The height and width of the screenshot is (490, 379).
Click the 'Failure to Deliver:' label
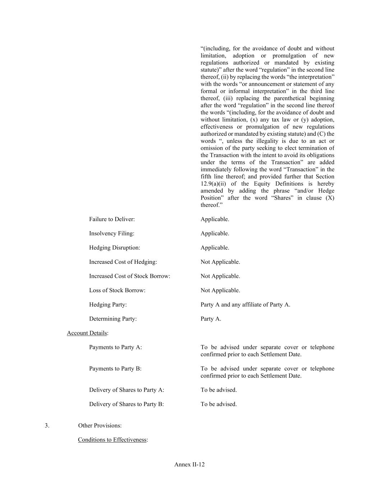tap(112, 219)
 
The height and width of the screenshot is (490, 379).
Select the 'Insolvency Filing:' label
tap(111, 234)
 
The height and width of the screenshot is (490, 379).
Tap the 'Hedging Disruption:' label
tap(115, 248)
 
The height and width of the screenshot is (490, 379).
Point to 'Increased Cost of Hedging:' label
tap(123, 262)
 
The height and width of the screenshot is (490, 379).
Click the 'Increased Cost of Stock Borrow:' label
tap(129, 276)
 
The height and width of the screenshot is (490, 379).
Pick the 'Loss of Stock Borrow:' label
tap(117, 290)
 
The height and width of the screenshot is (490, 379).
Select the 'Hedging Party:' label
tap(108, 305)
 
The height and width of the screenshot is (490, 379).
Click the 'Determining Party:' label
tap(113, 319)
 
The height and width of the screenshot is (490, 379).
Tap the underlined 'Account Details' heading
tap(87, 333)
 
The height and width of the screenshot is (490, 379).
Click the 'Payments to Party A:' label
tap(115, 347)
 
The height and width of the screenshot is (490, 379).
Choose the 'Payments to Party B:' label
tap(115, 369)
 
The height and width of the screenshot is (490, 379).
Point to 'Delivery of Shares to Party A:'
tap(126, 390)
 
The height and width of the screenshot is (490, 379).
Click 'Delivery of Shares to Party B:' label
tap(126, 404)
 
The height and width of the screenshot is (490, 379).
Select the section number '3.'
tap(47, 426)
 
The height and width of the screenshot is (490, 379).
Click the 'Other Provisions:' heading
tap(100, 426)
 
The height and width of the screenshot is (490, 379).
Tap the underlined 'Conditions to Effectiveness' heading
tap(112, 440)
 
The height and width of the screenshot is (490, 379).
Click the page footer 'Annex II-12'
tap(189, 465)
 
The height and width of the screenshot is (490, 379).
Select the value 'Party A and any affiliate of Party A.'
tap(245, 305)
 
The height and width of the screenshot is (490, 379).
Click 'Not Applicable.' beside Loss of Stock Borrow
tap(220, 290)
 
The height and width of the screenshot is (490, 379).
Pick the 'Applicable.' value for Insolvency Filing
tap(215, 234)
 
